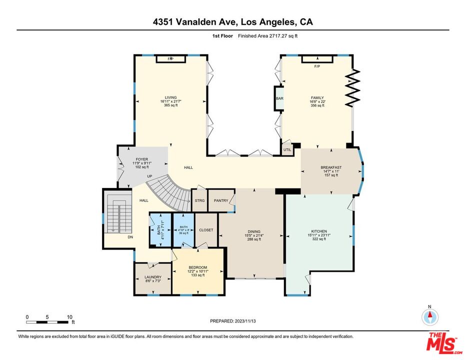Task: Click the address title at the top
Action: pyautogui.click(x=233, y=22)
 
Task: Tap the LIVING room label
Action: pyautogui.click(x=171, y=97)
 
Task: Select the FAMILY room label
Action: pyautogui.click(x=317, y=98)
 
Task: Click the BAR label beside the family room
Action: pyautogui.click(x=279, y=98)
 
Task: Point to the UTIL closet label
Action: pyautogui.click(x=287, y=149)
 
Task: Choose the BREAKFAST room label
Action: pyautogui.click(x=331, y=167)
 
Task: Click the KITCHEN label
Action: pyautogui.click(x=318, y=231)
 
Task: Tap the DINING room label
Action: pyautogui.click(x=254, y=231)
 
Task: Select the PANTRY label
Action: pyautogui.click(x=220, y=201)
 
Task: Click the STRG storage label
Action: pyautogui.click(x=199, y=201)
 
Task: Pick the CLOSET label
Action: pyautogui.click(x=206, y=230)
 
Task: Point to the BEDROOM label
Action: pyautogui.click(x=197, y=267)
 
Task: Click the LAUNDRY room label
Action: pyautogui.click(x=152, y=277)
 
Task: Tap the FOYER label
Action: pyautogui.click(x=142, y=159)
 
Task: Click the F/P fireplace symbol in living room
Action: pyautogui.click(x=171, y=59)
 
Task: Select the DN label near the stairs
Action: pyautogui.click(x=130, y=237)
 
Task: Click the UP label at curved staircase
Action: pyautogui.click(x=149, y=176)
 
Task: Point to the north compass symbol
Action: pyautogui.click(x=430, y=316)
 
